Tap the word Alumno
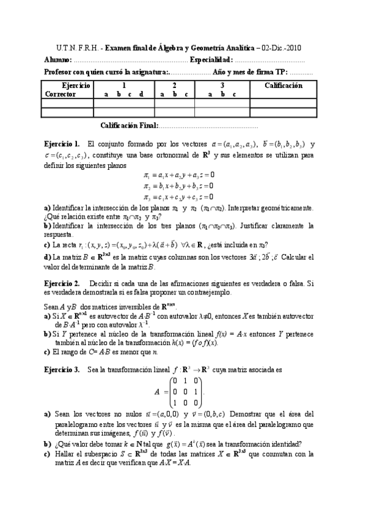click(58, 60)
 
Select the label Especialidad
click(211, 60)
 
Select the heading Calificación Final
click(128, 126)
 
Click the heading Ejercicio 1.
click(62, 144)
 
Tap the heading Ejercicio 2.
click(62, 283)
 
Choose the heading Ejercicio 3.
click(62, 370)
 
